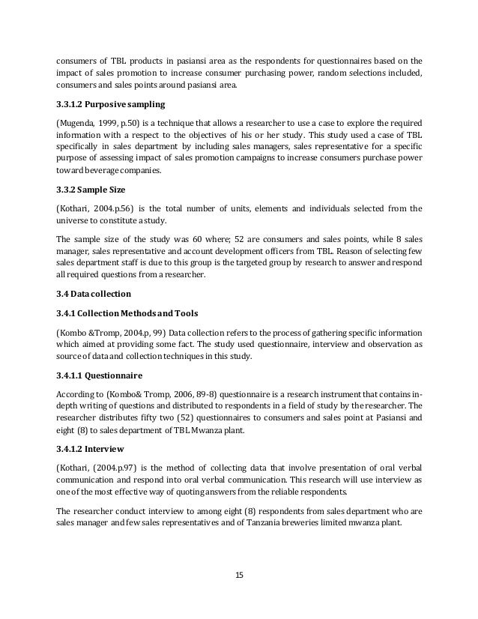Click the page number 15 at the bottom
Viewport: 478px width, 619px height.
coord(239,575)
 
